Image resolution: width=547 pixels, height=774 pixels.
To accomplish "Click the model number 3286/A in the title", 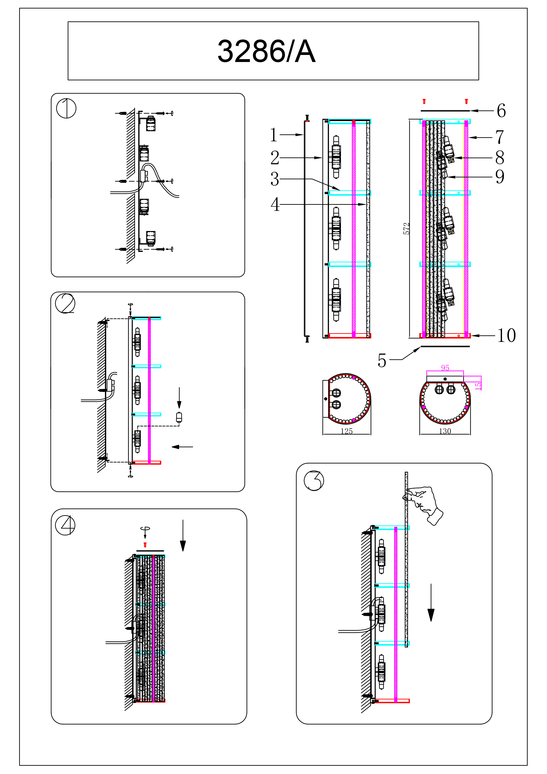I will pos(266,51).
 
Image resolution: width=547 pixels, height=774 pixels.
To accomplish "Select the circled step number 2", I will pos(65,303).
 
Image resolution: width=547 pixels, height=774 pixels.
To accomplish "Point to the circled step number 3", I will pos(314,480).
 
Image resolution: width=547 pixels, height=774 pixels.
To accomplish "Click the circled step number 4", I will pos(65,525).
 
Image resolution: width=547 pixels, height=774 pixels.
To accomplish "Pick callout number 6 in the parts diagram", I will pos(501,111).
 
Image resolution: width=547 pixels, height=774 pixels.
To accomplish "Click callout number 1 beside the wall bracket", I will pos(274,135).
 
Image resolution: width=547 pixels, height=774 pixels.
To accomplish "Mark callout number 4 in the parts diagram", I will pos(275,204).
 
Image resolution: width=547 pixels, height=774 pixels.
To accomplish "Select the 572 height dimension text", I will pos(407,229).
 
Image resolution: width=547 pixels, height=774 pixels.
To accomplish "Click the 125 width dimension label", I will pos(347,431).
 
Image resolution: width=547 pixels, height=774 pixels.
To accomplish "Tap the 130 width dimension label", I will pos(445,431).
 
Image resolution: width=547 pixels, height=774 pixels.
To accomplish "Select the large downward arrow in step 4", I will pos(183,536).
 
